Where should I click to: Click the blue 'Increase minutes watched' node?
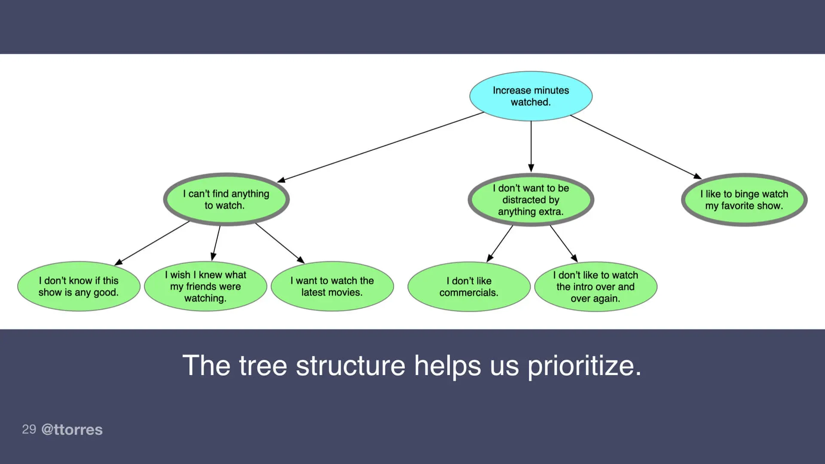tap(531, 96)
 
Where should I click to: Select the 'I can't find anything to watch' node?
tap(226, 199)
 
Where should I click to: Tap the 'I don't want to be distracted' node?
tap(531, 200)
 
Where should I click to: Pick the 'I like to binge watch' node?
tap(744, 200)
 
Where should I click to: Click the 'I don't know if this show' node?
tap(79, 287)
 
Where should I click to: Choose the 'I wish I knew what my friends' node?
tap(205, 287)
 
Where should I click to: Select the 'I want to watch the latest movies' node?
tap(332, 287)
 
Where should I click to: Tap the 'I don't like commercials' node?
tap(469, 287)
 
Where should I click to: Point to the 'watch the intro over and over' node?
tap(596, 287)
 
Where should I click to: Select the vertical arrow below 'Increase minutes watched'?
tap(531, 146)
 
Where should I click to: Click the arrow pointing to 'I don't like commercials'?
tap(500, 244)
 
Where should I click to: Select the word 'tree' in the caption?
tap(263, 366)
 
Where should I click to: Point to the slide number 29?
tap(29, 429)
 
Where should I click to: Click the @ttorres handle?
tap(72, 430)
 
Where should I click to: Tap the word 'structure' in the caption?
tap(350, 366)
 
